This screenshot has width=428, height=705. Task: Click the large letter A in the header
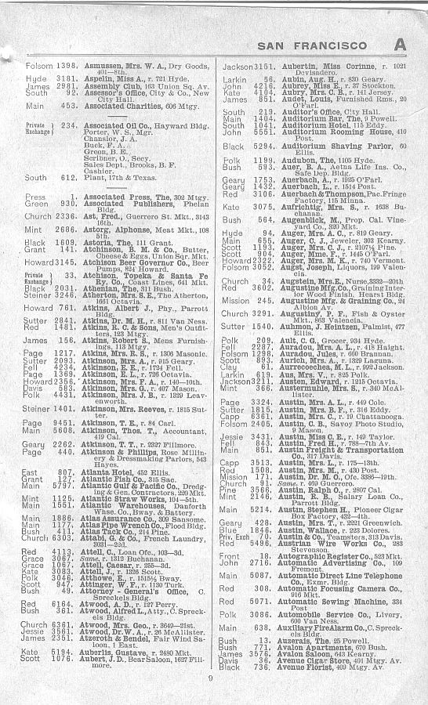[401, 46]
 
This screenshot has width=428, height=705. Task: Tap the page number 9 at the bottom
[210, 678]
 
